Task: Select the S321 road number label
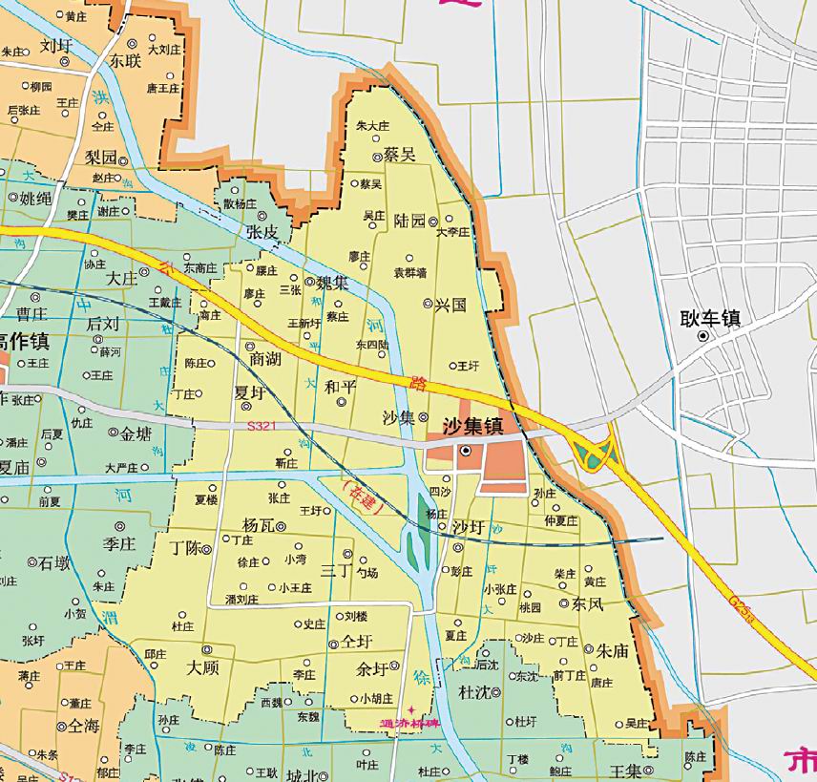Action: [x=260, y=427]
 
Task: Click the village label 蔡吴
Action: [x=399, y=155]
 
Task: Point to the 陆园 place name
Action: [x=409, y=221]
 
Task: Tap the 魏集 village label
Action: [x=332, y=283]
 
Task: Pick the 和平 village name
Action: [x=340, y=387]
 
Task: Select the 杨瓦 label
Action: [x=259, y=524]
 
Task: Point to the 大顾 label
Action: [x=205, y=667]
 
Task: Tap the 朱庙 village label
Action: [x=612, y=650]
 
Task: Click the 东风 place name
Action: [x=588, y=604]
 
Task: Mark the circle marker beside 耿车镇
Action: [x=702, y=336]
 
